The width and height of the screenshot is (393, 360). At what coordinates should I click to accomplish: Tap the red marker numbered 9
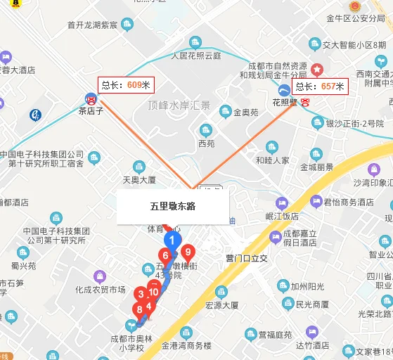187,252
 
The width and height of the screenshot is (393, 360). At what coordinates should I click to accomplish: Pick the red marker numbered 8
139,309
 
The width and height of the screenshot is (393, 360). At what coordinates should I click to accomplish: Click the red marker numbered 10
153,292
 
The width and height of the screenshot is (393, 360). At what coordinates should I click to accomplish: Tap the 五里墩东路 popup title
173,206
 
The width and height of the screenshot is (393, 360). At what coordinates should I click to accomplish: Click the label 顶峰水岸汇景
179,105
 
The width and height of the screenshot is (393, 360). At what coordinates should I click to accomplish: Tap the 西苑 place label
206,143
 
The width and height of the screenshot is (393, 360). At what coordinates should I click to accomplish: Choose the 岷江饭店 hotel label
282,216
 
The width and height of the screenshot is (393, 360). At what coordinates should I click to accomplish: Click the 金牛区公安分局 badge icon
329,5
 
